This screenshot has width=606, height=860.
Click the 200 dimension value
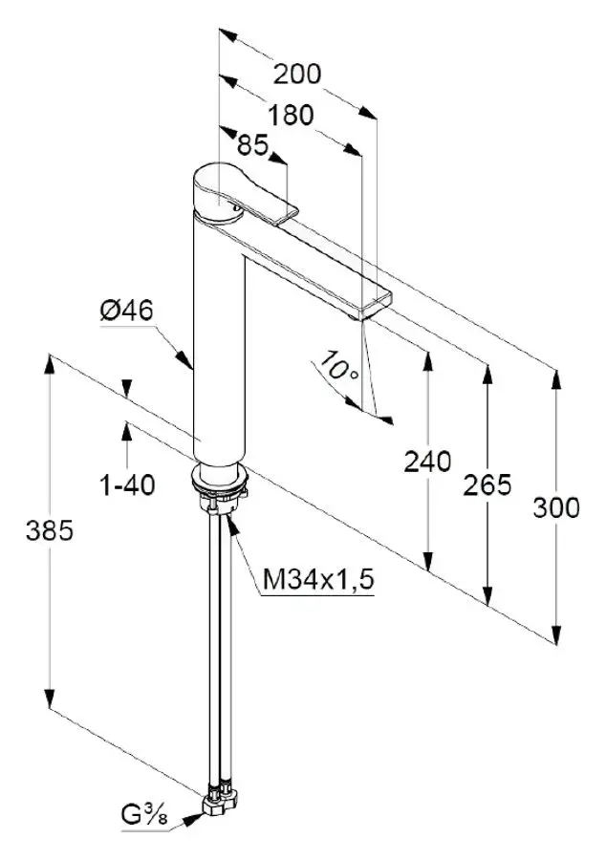tap(296, 74)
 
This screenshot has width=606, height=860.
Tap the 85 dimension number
tap(251, 146)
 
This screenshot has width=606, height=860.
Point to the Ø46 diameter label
tap(126, 311)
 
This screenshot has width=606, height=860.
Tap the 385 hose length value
tap(49, 531)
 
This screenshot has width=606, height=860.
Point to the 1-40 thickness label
tap(127, 485)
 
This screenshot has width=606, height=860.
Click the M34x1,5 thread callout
tap(318, 579)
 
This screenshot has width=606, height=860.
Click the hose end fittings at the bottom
tap(222, 796)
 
